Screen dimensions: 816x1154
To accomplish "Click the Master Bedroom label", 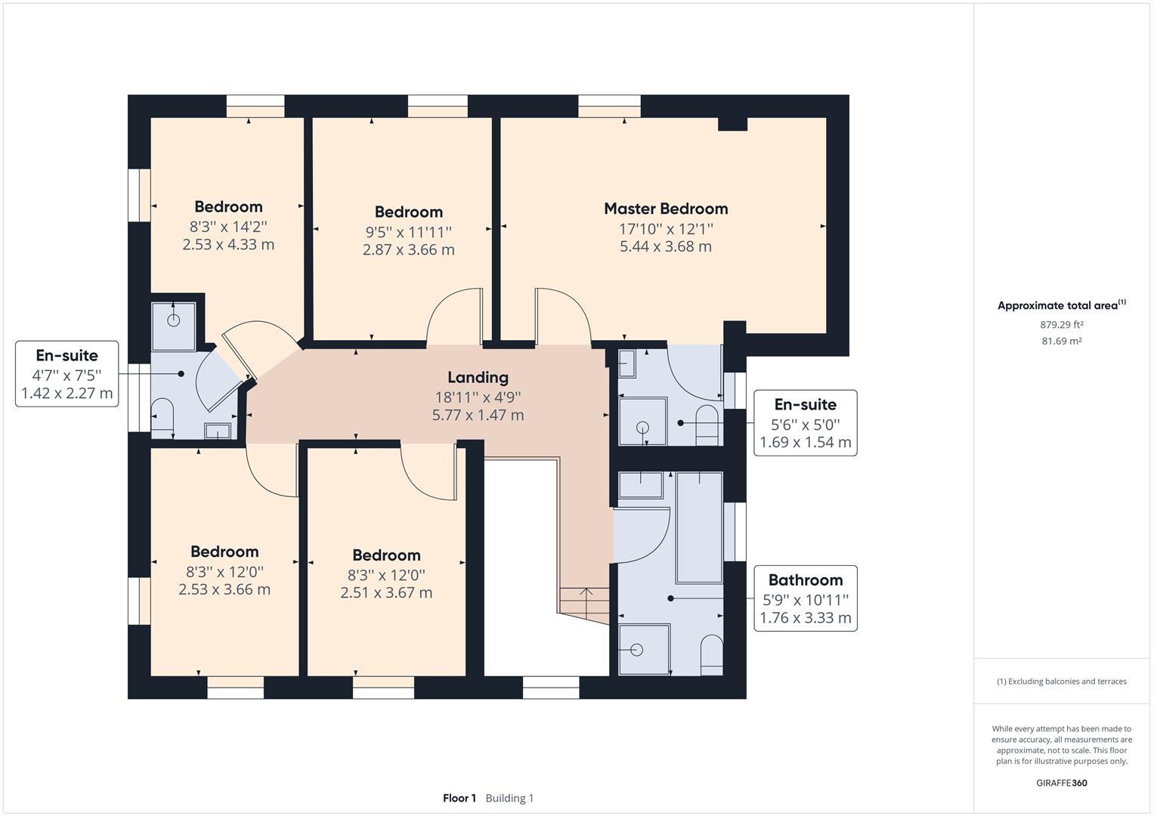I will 665,209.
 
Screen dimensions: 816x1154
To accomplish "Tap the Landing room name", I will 478,377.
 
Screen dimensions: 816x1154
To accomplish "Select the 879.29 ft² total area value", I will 1061,325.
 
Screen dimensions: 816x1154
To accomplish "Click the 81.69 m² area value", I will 1061,341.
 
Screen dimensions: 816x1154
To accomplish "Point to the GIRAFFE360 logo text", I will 1061,783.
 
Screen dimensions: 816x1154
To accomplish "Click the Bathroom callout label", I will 805,580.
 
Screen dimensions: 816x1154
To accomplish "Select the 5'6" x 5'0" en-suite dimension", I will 805,425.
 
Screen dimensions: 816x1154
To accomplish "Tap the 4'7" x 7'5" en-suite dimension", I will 67,375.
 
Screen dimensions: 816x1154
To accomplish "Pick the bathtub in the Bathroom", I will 699,527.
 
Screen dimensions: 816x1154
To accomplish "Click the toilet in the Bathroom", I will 711,654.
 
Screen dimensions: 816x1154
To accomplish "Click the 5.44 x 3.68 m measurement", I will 665,246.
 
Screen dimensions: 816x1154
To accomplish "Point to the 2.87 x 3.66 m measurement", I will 408,250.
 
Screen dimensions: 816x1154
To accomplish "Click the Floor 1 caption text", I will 459,798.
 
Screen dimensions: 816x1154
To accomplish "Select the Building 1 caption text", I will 509,798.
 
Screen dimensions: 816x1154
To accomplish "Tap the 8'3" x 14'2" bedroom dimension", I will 228,226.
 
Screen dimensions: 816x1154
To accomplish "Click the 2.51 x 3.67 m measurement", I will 386,593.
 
